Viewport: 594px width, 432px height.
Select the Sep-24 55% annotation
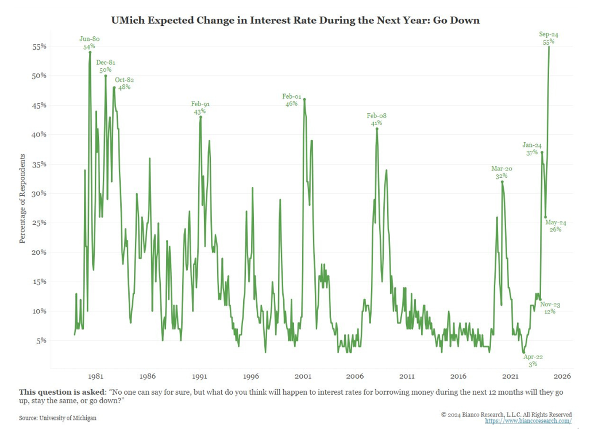[549, 38]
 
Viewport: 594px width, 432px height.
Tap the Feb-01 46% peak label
[291, 100]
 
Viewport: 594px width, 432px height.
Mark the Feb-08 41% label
[377, 119]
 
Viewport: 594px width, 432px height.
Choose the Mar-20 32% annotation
[502, 173]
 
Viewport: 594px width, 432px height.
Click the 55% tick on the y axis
[38, 46]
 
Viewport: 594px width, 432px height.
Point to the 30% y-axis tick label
[38, 194]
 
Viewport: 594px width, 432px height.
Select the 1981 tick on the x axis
[95, 377]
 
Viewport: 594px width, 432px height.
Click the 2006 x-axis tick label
[354, 377]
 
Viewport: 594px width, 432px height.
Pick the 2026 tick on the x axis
[562, 377]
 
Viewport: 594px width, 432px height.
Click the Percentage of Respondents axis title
[23, 198]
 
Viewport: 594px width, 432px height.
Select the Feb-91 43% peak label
[200, 108]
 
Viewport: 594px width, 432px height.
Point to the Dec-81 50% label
[106, 66]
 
